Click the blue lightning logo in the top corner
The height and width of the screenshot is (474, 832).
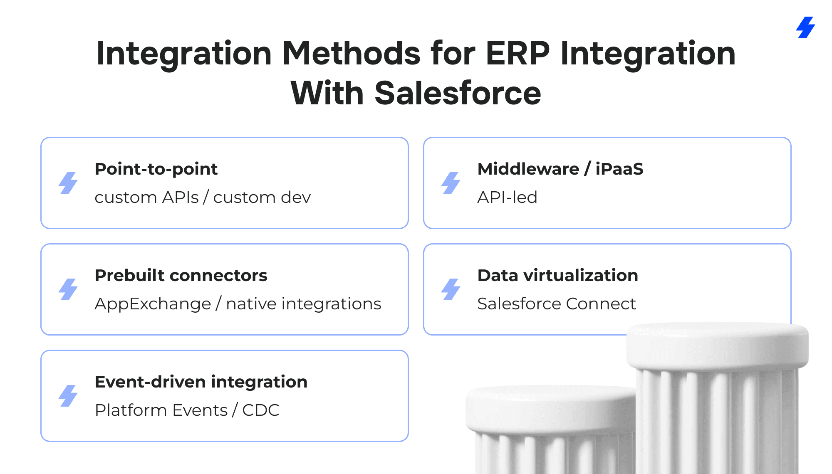(x=806, y=27)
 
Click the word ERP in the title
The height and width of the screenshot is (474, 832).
(x=518, y=54)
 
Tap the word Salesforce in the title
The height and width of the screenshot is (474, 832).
(x=458, y=93)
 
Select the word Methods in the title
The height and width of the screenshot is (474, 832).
(x=352, y=54)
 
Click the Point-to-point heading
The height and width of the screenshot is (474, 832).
(x=156, y=169)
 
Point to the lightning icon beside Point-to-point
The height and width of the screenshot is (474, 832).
(x=68, y=183)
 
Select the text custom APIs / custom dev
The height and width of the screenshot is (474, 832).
(x=203, y=197)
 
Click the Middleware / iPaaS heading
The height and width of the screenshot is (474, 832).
(x=560, y=169)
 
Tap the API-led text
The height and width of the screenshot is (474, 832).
(x=507, y=197)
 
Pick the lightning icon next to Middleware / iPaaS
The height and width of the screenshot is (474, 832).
(x=451, y=183)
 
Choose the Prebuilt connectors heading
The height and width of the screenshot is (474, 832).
(x=181, y=275)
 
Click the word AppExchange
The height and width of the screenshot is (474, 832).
(x=153, y=304)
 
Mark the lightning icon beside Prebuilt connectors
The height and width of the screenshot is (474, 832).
(x=68, y=289)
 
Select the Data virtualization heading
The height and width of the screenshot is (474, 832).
(x=558, y=275)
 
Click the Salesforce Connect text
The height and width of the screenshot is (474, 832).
(x=557, y=304)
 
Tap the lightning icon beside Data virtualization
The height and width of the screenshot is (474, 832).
(x=451, y=289)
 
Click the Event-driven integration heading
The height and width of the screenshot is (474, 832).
(x=201, y=382)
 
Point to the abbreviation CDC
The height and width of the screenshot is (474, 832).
(x=261, y=410)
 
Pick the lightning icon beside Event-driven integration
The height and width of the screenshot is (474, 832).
(x=68, y=396)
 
